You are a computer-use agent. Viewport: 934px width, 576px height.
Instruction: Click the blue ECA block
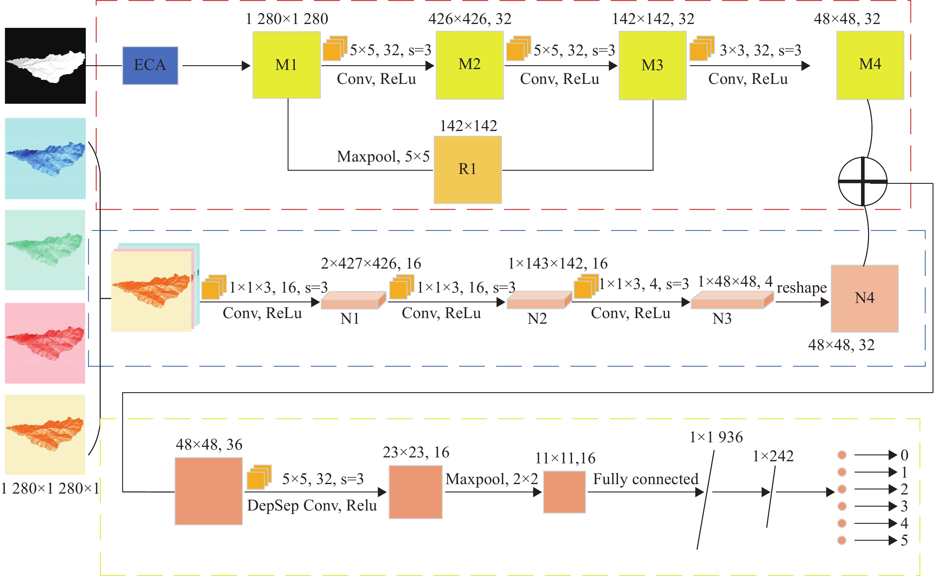150,66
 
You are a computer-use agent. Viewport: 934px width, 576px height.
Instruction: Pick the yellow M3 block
653,66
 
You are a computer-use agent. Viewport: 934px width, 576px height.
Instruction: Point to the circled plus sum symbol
863,182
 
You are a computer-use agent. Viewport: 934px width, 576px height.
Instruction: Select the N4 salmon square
864,299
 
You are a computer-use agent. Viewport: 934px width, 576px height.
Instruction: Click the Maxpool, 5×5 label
383,156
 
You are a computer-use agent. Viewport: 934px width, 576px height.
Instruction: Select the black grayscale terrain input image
45,66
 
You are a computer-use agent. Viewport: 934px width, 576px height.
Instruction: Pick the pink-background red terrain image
45,343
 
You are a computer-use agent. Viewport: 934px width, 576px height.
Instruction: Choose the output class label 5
904,540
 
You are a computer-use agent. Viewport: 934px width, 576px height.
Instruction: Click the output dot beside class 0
842,455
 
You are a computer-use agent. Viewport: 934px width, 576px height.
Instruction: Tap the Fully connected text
646,479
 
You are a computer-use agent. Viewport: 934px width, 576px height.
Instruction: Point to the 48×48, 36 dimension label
209,445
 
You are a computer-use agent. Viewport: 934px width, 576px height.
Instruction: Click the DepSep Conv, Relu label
312,505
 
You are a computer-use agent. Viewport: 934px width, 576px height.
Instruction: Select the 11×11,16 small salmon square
564,492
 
